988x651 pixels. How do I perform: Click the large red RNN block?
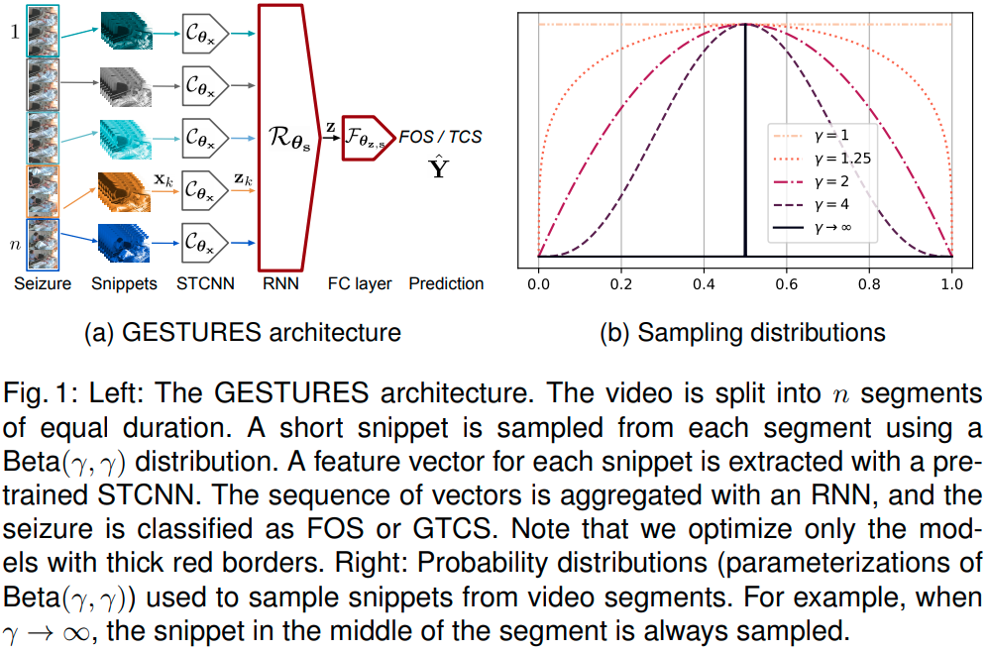288,136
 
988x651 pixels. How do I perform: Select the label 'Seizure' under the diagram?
44,283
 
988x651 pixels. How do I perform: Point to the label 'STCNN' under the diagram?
205,283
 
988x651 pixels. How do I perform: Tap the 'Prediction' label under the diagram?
446,283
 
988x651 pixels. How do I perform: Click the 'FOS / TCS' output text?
439,136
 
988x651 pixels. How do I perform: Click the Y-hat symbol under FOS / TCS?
437,167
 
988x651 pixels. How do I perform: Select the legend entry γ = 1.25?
811,156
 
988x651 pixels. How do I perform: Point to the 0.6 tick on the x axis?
786,282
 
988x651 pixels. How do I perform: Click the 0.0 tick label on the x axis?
538,282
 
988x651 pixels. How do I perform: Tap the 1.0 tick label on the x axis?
951,282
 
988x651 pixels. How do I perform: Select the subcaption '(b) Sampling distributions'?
742,332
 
